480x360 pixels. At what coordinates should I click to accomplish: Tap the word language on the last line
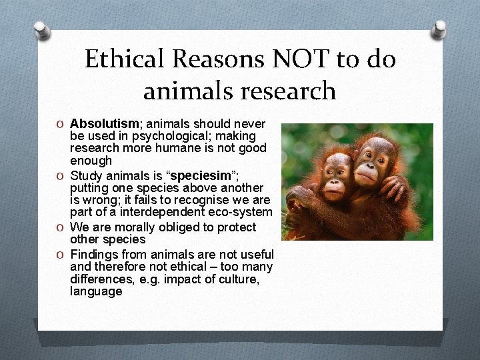click(96, 291)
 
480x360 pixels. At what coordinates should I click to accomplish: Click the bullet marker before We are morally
click(61, 228)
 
